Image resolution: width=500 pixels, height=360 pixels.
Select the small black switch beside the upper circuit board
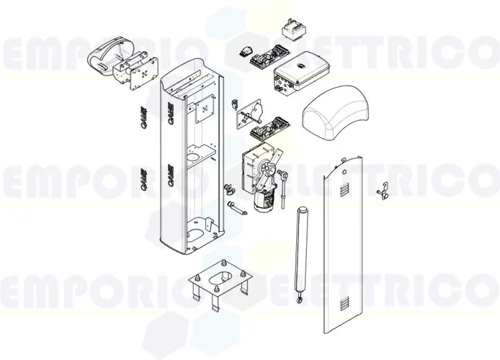coord(246,52)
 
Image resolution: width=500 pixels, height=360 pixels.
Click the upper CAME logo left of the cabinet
coord(140,118)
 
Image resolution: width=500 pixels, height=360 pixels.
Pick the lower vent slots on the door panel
coord(348,300)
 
